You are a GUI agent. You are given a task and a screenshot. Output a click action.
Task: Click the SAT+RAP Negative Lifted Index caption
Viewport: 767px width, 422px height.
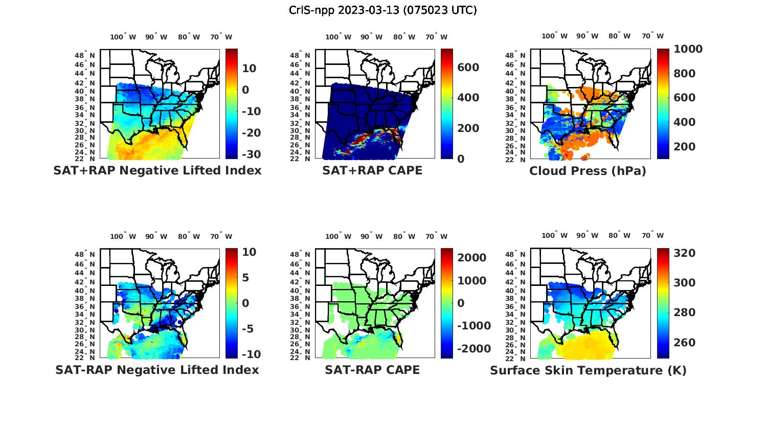(157, 171)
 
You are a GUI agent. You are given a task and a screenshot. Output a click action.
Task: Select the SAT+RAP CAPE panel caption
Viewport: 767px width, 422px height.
(372, 171)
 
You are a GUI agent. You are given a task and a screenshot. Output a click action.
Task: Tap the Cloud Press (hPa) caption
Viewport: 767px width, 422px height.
(588, 171)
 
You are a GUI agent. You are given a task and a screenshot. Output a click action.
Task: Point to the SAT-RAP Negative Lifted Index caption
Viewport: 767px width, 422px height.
(157, 370)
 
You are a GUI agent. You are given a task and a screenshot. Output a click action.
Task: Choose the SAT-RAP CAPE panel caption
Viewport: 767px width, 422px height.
(372, 370)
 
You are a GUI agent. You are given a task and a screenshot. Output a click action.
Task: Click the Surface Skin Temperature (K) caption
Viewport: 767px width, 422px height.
(588, 370)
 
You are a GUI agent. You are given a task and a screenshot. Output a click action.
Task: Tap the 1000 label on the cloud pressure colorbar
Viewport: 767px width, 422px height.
(688, 49)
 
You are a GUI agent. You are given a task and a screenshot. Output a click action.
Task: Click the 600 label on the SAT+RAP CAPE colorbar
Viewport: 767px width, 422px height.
(468, 68)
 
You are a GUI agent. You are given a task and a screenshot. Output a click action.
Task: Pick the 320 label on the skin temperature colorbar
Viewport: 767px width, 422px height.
(684, 253)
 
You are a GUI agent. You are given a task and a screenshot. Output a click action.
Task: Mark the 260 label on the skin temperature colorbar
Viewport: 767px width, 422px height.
(684, 343)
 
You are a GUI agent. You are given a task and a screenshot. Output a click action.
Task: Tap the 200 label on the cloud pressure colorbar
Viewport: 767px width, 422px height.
(684, 147)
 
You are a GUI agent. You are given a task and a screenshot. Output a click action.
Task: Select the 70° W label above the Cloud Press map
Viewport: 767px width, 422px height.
(653, 36)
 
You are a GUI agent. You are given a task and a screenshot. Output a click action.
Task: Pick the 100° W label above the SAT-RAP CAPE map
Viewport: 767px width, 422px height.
(339, 236)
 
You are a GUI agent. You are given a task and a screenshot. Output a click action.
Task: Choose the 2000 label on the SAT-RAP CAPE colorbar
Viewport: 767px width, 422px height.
(472, 258)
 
